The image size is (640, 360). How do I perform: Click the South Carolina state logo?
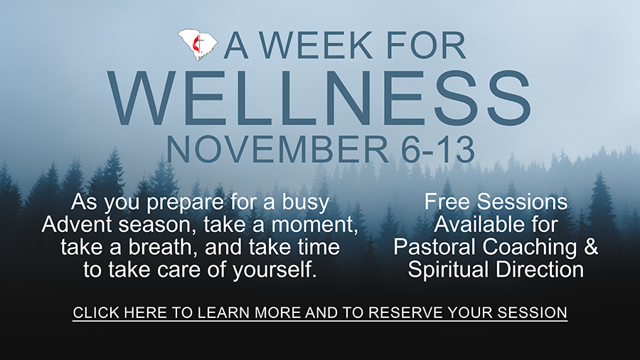tap(198, 45)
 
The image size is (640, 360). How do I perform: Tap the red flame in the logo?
tap(197, 45)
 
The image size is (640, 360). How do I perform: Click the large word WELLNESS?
tap(319, 98)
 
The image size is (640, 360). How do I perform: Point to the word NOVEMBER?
tap(277, 150)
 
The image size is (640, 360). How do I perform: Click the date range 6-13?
tap(437, 150)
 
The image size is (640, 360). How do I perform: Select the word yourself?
tap(274, 270)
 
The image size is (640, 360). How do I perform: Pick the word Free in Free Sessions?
tap(447, 201)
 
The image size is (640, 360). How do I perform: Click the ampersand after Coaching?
tap(591, 247)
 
